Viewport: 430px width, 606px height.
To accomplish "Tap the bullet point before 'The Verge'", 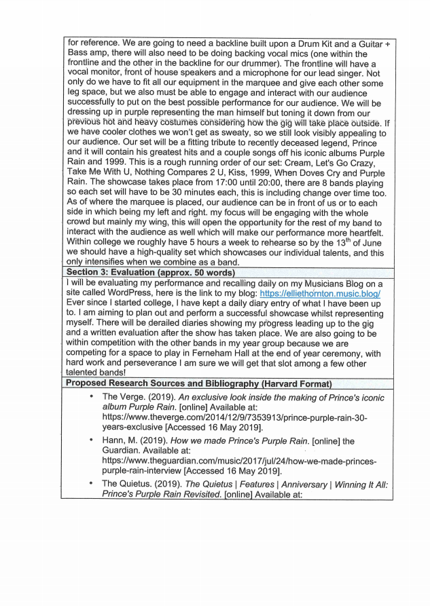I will click(x=90, y=396).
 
